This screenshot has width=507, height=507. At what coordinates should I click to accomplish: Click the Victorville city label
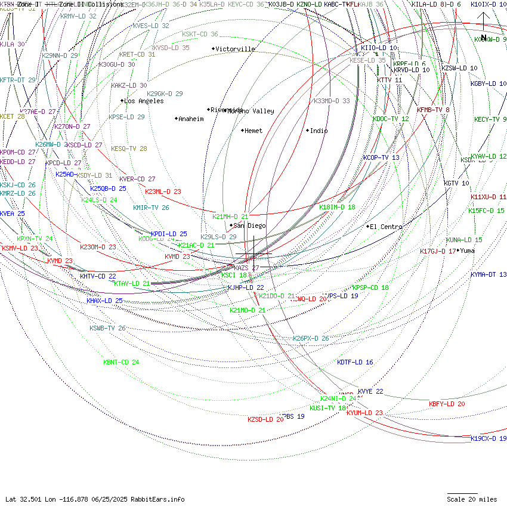[x=235, y=49]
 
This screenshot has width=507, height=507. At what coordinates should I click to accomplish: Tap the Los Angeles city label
[x=144, y=101]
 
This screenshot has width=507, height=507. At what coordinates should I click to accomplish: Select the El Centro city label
[x=386, y=227]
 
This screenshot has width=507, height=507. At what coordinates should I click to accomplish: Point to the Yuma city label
[x=468, y=251]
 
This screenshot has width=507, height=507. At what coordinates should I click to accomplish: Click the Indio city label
[x=319, y=131]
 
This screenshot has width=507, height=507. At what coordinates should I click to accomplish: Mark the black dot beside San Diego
[x=231, y=225]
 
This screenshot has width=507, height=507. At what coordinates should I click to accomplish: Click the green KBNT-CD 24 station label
[x=121, y=362]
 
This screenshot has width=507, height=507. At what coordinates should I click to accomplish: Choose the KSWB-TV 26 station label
[x=107, y=328]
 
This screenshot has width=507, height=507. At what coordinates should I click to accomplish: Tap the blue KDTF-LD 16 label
[x=355, y=362]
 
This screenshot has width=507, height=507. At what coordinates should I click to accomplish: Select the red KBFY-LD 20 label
[x=447, y=404]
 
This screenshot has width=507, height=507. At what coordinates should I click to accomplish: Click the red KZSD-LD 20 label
[x=265, y=419]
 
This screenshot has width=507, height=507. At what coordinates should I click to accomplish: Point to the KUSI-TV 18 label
[x=327, y=408]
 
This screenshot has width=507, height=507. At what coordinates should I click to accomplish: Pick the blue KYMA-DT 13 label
[x=488, y=274]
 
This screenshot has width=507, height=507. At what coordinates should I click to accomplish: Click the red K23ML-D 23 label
[x=163, y=191]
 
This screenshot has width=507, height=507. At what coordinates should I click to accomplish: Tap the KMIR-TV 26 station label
[x=151, y=208]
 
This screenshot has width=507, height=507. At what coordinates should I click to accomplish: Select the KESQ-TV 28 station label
[x=129, y=149]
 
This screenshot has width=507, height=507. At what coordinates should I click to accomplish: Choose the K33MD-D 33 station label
[x=332, y=101]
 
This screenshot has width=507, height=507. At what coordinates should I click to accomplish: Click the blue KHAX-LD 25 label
[x=104, y=301]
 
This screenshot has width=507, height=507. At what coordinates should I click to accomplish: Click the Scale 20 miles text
[x=472, y=499]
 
